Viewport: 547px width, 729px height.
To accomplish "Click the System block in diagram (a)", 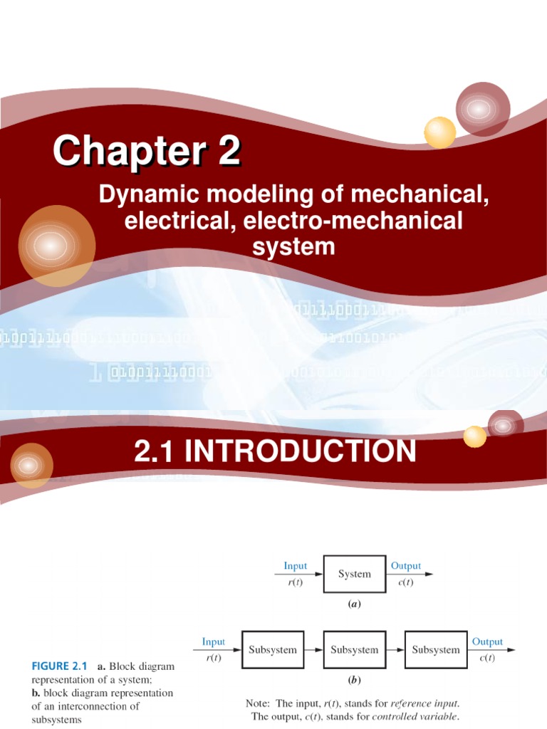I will pos(354,574).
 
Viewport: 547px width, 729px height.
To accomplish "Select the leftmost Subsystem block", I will pos(273,649).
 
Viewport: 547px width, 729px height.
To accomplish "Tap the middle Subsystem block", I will pos(354,649).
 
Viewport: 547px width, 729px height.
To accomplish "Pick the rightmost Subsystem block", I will pos(435,649).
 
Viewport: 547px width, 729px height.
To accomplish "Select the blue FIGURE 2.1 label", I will pos(59,667).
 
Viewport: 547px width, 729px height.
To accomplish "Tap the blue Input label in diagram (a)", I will pos(295,566).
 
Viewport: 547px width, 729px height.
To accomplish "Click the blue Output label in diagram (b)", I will pos(487,641).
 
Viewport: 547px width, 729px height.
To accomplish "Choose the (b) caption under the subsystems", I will pos(354,680).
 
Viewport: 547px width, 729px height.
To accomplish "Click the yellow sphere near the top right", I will pos(439,132).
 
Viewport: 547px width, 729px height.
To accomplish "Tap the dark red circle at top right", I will pos(482,108).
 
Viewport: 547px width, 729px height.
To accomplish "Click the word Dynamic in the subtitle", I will pos(140,194).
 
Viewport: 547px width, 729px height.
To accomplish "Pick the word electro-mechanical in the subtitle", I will pos(353,221).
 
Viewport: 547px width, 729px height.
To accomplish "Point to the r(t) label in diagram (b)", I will pos(213,657).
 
